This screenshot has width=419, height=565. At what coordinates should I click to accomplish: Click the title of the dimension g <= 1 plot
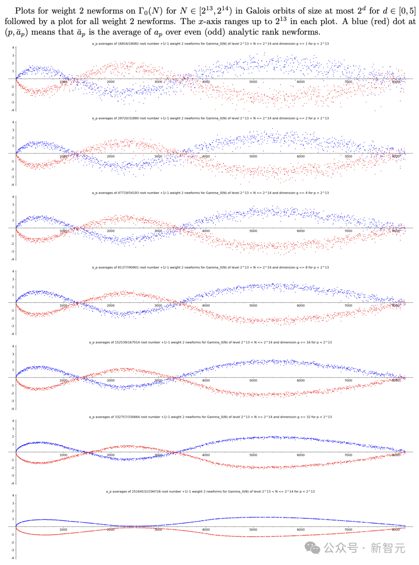pos(210,43)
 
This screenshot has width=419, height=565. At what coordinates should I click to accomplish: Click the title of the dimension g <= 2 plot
pos(210,118)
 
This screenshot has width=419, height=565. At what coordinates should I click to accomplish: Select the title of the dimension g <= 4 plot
pos(210,192)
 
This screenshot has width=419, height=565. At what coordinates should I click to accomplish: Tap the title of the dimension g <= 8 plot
pos(210,267)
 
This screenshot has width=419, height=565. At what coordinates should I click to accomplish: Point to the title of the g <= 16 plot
pos(210,342)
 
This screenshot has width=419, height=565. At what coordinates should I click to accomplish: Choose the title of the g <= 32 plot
pos(210,417)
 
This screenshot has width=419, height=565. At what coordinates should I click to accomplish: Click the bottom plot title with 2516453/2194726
pos(210,491)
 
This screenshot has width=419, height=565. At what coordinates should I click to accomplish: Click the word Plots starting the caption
pos(25,11)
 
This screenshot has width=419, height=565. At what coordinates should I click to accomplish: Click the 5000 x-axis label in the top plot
pos(253,82)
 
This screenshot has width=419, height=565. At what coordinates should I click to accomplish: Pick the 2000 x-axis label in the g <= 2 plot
pos(111,156)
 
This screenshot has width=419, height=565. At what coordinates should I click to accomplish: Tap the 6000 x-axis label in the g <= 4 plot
pos(301,231)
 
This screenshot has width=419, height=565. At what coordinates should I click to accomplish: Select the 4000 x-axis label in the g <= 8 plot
pos(206,305)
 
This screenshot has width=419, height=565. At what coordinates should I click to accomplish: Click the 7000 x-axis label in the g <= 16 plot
pos(348,380)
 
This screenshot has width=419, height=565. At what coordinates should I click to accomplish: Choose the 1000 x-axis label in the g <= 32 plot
pos(63,455)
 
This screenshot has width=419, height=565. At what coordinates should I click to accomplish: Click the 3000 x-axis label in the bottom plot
pos(158,529)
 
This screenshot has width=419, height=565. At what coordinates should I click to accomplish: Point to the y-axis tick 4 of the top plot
pos(13,48)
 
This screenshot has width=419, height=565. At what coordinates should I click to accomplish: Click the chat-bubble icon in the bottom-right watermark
pos(312,548)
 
